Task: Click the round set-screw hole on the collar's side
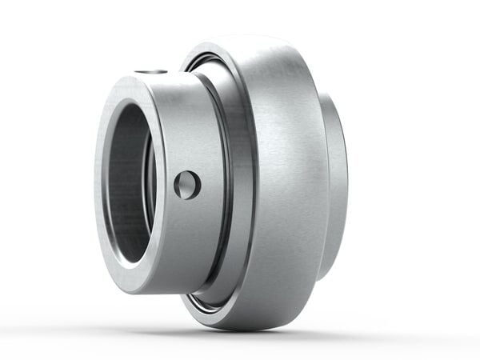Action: pos(187,186)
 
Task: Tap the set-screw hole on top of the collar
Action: pos(150,72)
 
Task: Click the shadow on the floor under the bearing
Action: pos(240,334)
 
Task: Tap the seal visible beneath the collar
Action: pos(210,299)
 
